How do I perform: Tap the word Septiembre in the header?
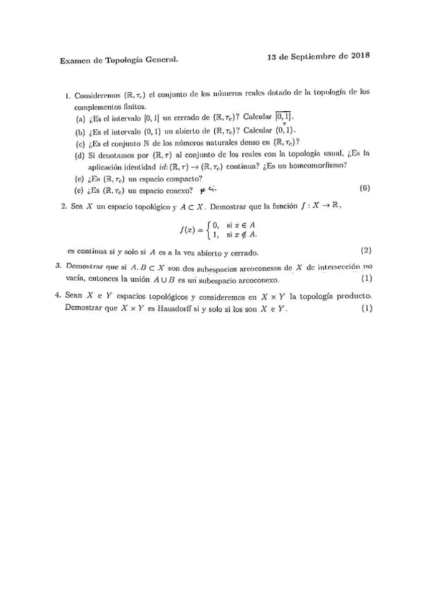click(x=312, y=56)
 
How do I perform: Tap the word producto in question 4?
click(x=352, y=295)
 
